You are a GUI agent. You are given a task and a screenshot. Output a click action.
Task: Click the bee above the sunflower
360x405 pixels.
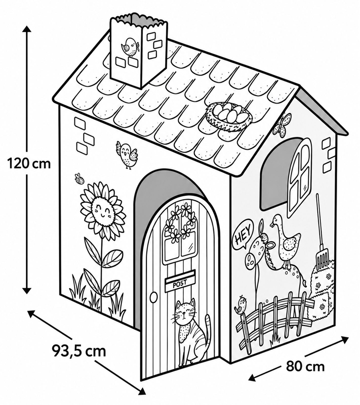tap(79, 178)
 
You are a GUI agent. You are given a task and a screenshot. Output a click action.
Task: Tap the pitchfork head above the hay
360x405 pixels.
tap(323, 259)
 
